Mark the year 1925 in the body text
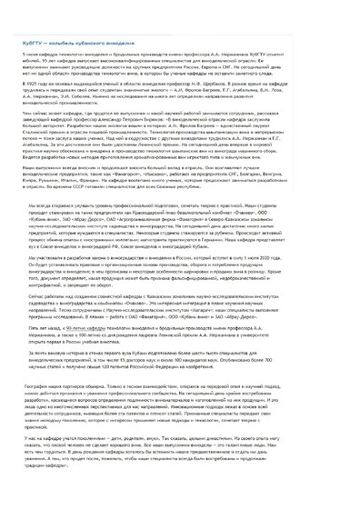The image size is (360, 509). (25, 81)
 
